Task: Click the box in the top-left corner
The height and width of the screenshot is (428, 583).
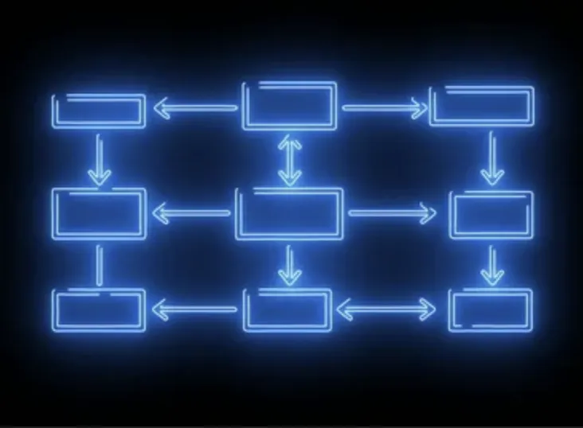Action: click(x=99, y=111)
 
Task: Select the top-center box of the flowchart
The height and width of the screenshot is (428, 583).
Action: click(x=290, y=105)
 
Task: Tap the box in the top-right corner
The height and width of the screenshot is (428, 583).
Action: click(x=481, y=107)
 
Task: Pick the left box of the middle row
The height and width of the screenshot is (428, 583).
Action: click(x=100, y=212)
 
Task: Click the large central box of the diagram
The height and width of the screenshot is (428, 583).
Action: click(x=290, y=213)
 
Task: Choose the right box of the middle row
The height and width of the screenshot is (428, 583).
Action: click(x=491, y=214)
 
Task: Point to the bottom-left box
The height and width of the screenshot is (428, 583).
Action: click(x=100, y=310)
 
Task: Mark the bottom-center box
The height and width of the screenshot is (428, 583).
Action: click(x=288, y=309)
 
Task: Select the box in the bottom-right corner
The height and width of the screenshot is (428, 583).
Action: click(x=491, y=309)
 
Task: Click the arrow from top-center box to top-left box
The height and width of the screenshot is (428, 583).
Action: click(x=195, y=107)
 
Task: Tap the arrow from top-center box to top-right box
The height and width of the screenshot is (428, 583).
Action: click(x=385, y=107)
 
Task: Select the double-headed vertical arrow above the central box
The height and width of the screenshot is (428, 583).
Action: click(x=290, y=159)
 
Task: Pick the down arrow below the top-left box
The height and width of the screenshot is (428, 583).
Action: click(x=99, y=160)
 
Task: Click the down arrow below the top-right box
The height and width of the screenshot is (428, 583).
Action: click(x=492, y=158)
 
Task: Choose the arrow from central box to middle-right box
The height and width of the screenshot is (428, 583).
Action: click(x=393, y=212)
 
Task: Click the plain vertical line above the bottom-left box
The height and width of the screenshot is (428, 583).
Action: click(x=100, y=265)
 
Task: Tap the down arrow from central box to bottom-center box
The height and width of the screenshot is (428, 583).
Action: click(x=290, y=265)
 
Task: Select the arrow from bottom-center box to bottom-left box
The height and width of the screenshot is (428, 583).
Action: click(x=194, y=309)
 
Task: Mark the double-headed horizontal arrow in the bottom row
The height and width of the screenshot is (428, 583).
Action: click(x=387, y=309)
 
